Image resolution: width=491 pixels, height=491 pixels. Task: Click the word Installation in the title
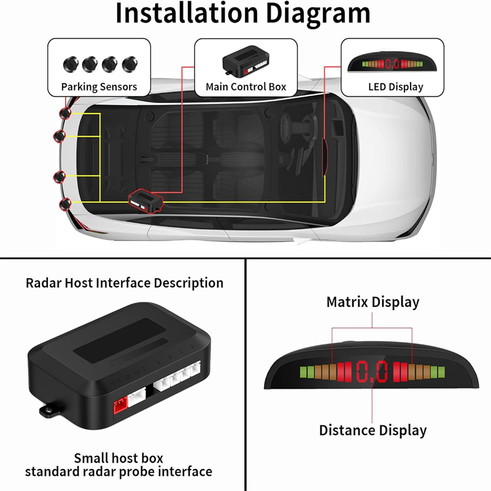pos(187,13)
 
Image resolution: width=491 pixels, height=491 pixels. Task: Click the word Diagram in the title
pos(318,15)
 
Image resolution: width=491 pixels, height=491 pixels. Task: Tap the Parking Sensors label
pos(99,87)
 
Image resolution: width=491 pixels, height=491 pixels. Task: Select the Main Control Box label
pos(246,87)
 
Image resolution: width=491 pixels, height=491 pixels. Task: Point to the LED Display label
pos(395,87)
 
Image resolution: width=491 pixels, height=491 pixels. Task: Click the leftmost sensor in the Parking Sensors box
pos(71,64)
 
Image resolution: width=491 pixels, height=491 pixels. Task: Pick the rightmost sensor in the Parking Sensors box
pos(130,64)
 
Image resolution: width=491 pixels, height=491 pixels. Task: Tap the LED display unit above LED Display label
pos(392,62)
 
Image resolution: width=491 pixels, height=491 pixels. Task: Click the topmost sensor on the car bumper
pos(66,113)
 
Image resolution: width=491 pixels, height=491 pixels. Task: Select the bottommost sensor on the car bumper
pos(65,204)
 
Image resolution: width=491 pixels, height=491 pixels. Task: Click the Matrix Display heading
pos(373,302)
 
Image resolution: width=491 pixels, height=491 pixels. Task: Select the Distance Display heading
pos(373,430)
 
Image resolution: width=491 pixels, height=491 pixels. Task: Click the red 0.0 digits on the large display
pos(372,372)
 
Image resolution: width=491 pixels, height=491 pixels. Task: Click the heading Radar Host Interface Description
pos(125,283)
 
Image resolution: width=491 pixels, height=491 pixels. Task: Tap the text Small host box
pos(118,458)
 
